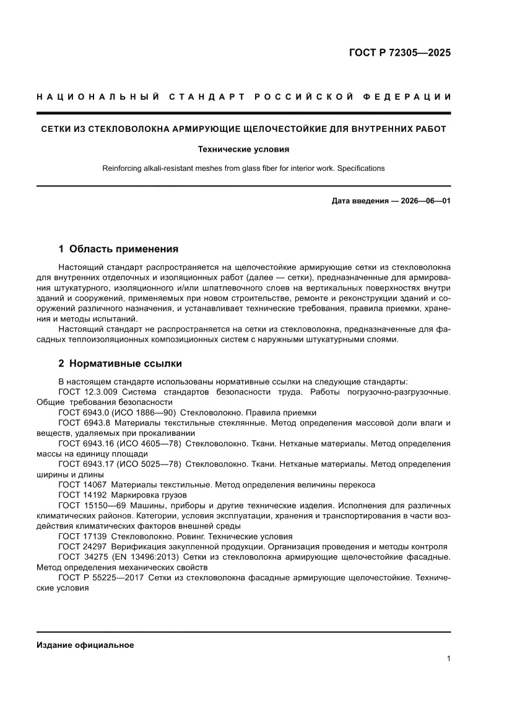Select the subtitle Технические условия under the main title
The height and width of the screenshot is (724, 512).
pyautogui.click(x=243, y=149)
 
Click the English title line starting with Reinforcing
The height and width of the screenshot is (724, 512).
pyautogui.click(x=243, y=168)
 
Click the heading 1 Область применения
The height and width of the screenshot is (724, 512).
pyautogui.click(x=118, y=249)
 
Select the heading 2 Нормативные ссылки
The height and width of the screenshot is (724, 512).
pyautogui.click(x=120, y=364)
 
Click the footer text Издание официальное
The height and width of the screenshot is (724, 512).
pyautogui.click(x=85, y=645)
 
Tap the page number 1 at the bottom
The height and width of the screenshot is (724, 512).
pyautogui.click(x=448, y=659)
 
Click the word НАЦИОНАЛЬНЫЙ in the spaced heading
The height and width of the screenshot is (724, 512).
pyautogui.click(x=94, y=97)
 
